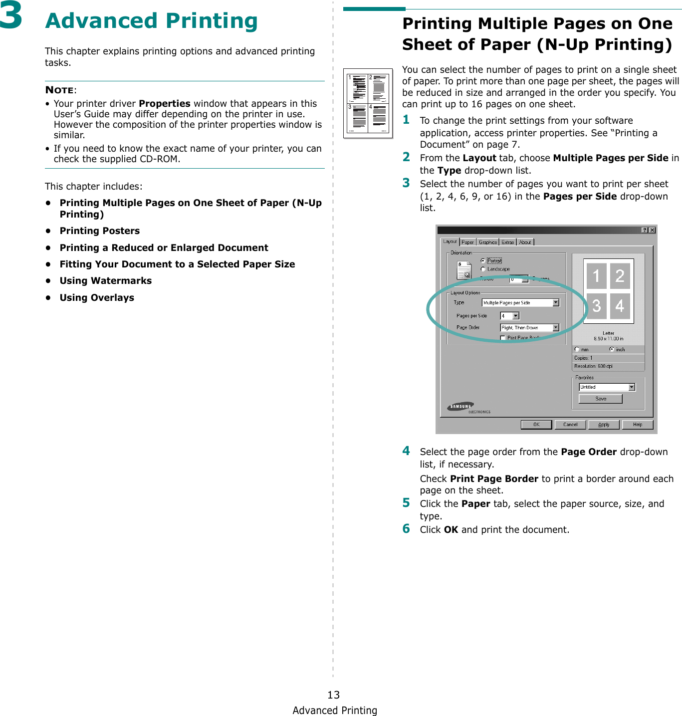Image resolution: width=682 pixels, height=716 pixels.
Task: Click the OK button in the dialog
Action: [536, 425]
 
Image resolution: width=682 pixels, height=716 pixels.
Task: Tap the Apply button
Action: [604, 425]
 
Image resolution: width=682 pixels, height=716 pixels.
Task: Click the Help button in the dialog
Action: [637, 425]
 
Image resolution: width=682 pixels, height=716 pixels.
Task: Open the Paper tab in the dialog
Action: [467, 242]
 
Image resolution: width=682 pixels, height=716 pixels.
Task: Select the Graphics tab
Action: [488, 242]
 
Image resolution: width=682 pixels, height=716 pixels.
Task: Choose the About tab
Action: [525, 242]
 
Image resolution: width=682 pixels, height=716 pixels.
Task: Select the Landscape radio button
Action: [483, 269]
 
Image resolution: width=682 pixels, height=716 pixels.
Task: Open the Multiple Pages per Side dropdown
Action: [520, 303]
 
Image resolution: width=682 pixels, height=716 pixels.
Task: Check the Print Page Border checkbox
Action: [503, 338]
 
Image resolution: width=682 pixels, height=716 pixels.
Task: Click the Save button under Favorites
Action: [600, 399]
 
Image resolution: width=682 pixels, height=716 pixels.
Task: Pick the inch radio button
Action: [612, 349]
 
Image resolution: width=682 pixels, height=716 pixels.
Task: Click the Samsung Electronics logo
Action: [468, 408]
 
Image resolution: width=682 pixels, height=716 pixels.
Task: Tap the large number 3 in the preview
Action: [596, 306]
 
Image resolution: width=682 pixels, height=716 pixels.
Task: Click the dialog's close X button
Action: [652, 230]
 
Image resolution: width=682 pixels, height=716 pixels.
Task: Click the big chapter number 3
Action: [11, 16]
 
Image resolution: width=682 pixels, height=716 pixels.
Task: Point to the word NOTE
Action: [59, 90]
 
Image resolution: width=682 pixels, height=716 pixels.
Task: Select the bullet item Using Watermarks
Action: [105, 281]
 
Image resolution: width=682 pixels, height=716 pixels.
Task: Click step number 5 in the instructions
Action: [406, 502]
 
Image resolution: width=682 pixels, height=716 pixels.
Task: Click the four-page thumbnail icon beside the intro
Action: [368, 103]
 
